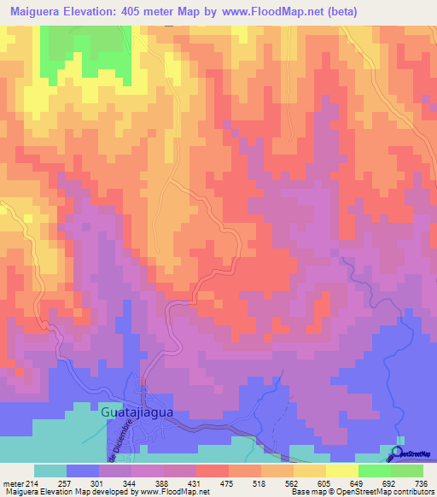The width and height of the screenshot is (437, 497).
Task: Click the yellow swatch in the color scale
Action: click(x=341, y=471)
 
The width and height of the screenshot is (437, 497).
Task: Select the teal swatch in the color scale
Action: click(x=50, y=471)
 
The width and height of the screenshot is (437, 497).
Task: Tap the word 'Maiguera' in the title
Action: click(x=38, y=11)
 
